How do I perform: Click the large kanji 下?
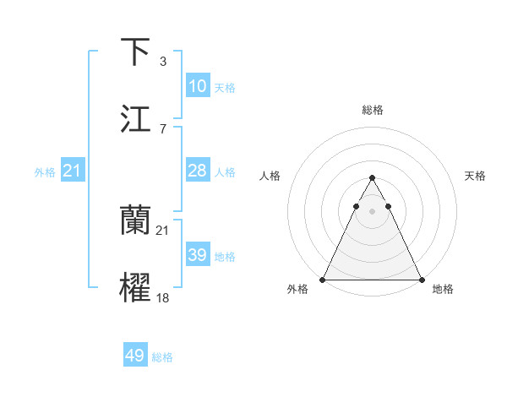[136, 52]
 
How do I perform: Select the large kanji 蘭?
[136, 221]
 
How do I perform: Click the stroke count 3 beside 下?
[162, 61]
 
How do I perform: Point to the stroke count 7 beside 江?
[162, 128]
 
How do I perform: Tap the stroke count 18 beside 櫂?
[163, 297]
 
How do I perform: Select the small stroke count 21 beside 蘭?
[163, 230]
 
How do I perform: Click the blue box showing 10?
[198, 86]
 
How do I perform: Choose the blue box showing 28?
[198, 171]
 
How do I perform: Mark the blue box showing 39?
[198, 255]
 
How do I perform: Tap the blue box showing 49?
[135, 356]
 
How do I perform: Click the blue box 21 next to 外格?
[73, 171]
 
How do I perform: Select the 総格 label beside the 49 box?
[162, 357]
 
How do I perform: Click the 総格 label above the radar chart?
[372, 110]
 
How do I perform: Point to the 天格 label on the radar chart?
[475, 176]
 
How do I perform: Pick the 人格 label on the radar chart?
[269, 176]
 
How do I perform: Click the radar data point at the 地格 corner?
[421, 280]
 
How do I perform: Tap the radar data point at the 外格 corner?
[323, 280]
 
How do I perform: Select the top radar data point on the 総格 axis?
[372, 178]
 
